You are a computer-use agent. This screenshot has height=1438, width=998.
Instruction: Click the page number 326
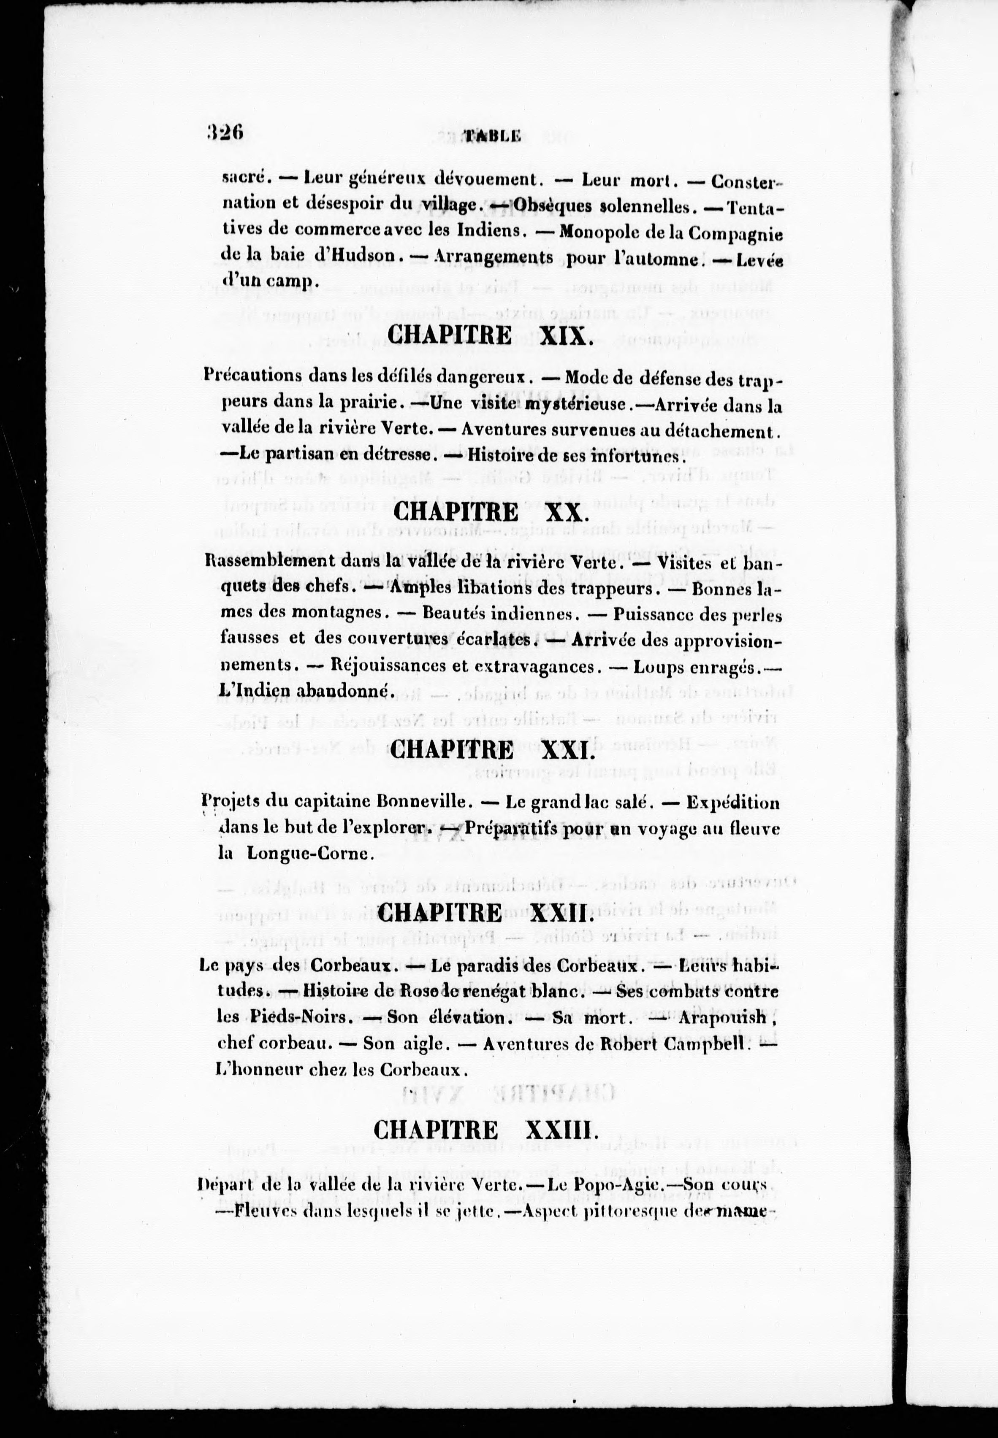click(224, 132)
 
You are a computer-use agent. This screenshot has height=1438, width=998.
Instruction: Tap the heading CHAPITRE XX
click(491, 512)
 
